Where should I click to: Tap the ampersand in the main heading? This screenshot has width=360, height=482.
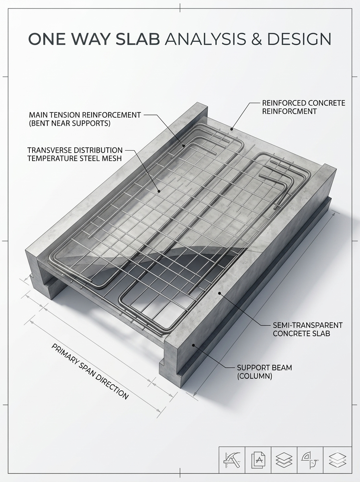pyautogui.click(x=256, y=39)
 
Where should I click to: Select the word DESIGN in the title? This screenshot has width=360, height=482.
pyautogui.click(x=299, y=39)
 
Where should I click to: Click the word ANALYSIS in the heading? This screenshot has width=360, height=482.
pyautogui.click(x=205, y=39)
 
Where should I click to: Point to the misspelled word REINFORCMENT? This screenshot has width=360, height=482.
pyautogui.click(x=290, y=111)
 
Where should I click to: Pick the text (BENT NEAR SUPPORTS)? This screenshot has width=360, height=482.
pyautogui.click(x=70, y=123)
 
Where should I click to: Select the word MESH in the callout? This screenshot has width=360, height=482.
pyautogui.click(x=112, y=158)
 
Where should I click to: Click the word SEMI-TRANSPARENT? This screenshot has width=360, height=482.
pyautogui.click(x=308, y=325)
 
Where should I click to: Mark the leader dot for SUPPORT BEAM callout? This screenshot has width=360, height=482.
pyautogui.click(x=194, y=345)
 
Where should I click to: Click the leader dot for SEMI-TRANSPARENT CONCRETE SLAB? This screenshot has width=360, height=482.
pyautogui.click(x=219, y=293)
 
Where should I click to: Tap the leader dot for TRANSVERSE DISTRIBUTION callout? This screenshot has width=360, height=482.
pyautogui.click(x=159, y=191)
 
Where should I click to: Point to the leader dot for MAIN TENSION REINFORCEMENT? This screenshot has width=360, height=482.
pyautogui.click(x=184, y=145)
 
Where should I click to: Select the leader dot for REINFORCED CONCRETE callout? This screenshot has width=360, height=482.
pyautogui.click(x=231, y=129)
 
